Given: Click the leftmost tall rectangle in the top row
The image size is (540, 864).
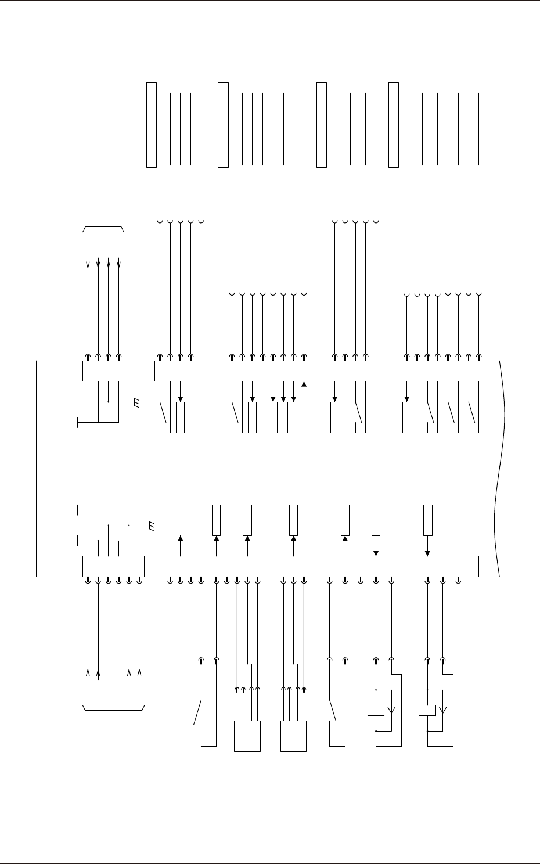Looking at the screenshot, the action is pyautogui.click(x=152, y=125).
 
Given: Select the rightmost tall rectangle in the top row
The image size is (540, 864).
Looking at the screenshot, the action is pyautogui.click(x=394, y=125).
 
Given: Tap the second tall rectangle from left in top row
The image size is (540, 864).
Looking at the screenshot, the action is pyautogui.click(x=223, y=125).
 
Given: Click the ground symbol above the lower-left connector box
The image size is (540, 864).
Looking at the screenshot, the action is pyautogui.click(x=152, y=526).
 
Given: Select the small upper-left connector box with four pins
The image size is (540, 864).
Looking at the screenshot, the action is pyautogui.click(x=103, y=371).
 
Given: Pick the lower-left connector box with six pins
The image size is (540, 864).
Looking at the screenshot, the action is pyautogui.click(x=113, y=566).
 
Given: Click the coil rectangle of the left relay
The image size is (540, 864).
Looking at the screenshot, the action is pyautogui.click(x=376, y=710).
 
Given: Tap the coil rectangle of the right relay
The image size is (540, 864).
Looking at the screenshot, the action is pyautogui.click(x=427, y=710).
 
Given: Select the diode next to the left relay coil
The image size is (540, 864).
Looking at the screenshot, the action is pyautogui.click(x=392, y=710).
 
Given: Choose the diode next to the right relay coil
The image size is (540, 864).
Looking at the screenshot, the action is pyautogui.click(x=443, y=710).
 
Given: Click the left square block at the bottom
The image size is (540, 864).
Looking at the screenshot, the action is pyautogui.click(x=247, y=736).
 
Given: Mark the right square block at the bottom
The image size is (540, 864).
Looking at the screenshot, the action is pyautogui.click(x=293, y=736).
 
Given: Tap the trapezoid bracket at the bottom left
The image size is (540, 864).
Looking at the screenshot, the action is pyautogui.click(x=113, y=708).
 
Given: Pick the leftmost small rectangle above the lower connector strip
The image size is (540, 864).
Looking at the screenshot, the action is pyautogui.click(x=216, y=520).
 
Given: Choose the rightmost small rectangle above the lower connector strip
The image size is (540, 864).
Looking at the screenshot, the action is pyautogui.click(x=428, y=520).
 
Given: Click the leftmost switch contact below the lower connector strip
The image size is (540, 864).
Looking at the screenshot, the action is pyautogui.click(x=199, y=711).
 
